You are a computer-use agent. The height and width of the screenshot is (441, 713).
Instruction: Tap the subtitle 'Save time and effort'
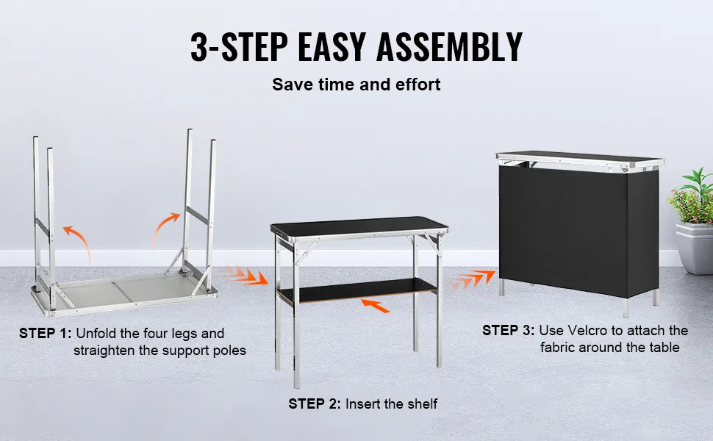pos(356,85)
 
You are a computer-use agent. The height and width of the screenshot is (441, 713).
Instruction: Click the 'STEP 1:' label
pos(46,333)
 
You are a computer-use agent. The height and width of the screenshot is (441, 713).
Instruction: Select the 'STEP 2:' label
pos(314,404)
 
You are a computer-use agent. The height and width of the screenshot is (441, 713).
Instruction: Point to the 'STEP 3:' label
pos(509,331)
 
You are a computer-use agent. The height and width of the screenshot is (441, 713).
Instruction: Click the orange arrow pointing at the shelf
pos(375,306)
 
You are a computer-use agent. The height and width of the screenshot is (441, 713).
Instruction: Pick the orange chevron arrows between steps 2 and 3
pos(471,279)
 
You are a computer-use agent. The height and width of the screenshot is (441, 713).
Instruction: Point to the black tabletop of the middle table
pos(359,226)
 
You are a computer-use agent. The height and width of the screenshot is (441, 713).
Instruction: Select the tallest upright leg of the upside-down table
pos(187,200)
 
